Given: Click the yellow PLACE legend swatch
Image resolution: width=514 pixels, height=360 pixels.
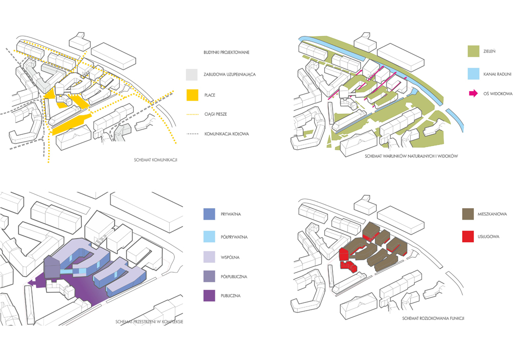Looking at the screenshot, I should (x=192, y=95).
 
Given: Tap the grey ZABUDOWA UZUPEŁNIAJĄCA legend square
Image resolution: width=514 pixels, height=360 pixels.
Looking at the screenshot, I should (x=192, y=75).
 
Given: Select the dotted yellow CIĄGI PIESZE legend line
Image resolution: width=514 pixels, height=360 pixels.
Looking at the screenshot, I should (x=192, y=114).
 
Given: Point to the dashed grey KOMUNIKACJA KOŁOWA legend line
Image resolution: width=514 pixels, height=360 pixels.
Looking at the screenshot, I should (x=192, y=134).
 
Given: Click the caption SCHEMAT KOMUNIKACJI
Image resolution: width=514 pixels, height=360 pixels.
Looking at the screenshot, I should (x=154, y=160).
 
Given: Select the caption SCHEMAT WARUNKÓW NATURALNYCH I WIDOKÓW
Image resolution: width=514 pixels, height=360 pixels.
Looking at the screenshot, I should (x=411, y=155).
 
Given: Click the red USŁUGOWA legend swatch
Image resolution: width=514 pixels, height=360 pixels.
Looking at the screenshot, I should (x=467, y=237).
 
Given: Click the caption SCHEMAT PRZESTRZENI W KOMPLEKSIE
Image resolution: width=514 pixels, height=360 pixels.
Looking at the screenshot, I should (x=150, y=322).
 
